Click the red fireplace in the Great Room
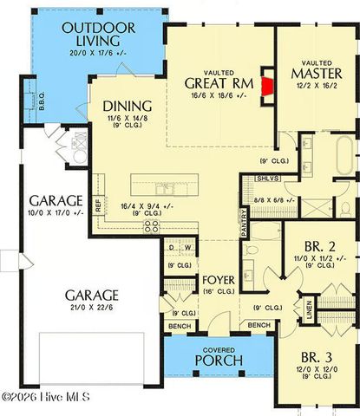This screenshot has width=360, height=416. pos(267,85)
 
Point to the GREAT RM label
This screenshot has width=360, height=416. pos(219,83)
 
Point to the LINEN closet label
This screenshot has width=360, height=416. pos(308,309)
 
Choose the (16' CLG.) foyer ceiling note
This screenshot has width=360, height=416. pos(216,293)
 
